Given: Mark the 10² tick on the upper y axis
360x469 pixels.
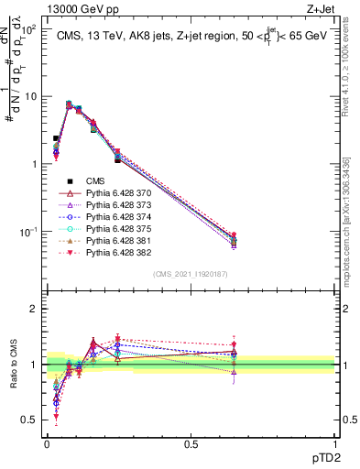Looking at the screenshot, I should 29,30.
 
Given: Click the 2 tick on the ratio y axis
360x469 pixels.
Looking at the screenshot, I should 35,310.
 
